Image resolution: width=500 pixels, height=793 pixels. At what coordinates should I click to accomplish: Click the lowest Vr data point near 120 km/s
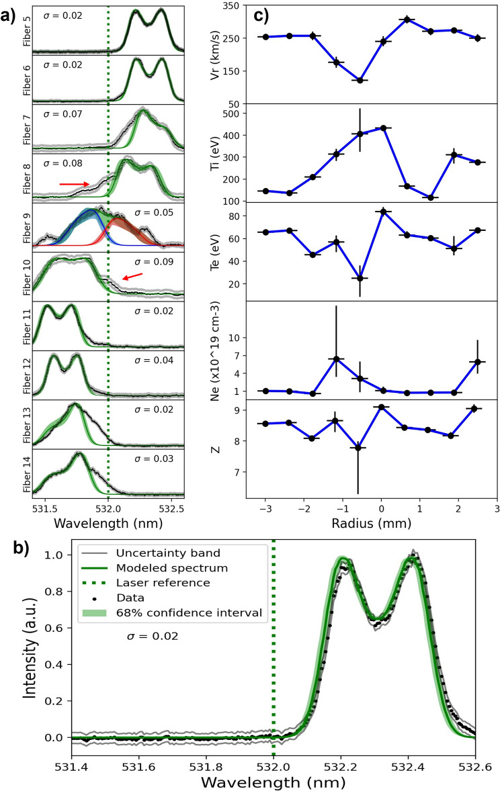point(360,81)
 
